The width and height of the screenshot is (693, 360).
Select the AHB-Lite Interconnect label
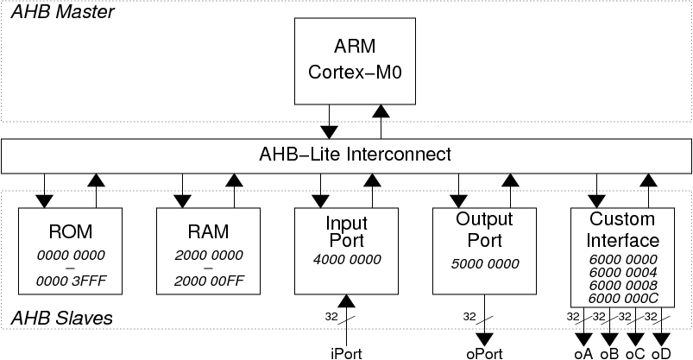point(355,155)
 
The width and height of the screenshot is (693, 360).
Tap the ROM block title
point(70,231)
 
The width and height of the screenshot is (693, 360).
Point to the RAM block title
point(208,231)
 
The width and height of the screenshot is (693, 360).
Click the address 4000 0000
point(347,259)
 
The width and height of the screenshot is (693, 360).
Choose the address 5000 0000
point(485,264)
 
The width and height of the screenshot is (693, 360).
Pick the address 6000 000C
point(623,299)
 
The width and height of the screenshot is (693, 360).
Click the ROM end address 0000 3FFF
point(71,281)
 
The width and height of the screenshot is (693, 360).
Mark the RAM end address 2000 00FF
point(209,281)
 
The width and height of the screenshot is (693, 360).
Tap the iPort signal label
point(347,354)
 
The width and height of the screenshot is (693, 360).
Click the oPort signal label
point(484,354)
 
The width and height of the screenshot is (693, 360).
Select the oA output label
point(583,354)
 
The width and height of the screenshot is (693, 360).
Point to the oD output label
point(661,354)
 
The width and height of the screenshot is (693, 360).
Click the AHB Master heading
point(62,12)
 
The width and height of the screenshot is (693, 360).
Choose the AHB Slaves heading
point(61,318)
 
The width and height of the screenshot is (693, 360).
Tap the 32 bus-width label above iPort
point(331,317)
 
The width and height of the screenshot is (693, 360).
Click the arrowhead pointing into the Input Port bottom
point(347,300)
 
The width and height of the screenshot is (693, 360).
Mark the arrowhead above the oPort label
point(485,339)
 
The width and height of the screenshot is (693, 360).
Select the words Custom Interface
point(623,230)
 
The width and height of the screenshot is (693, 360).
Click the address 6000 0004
point(623,273)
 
